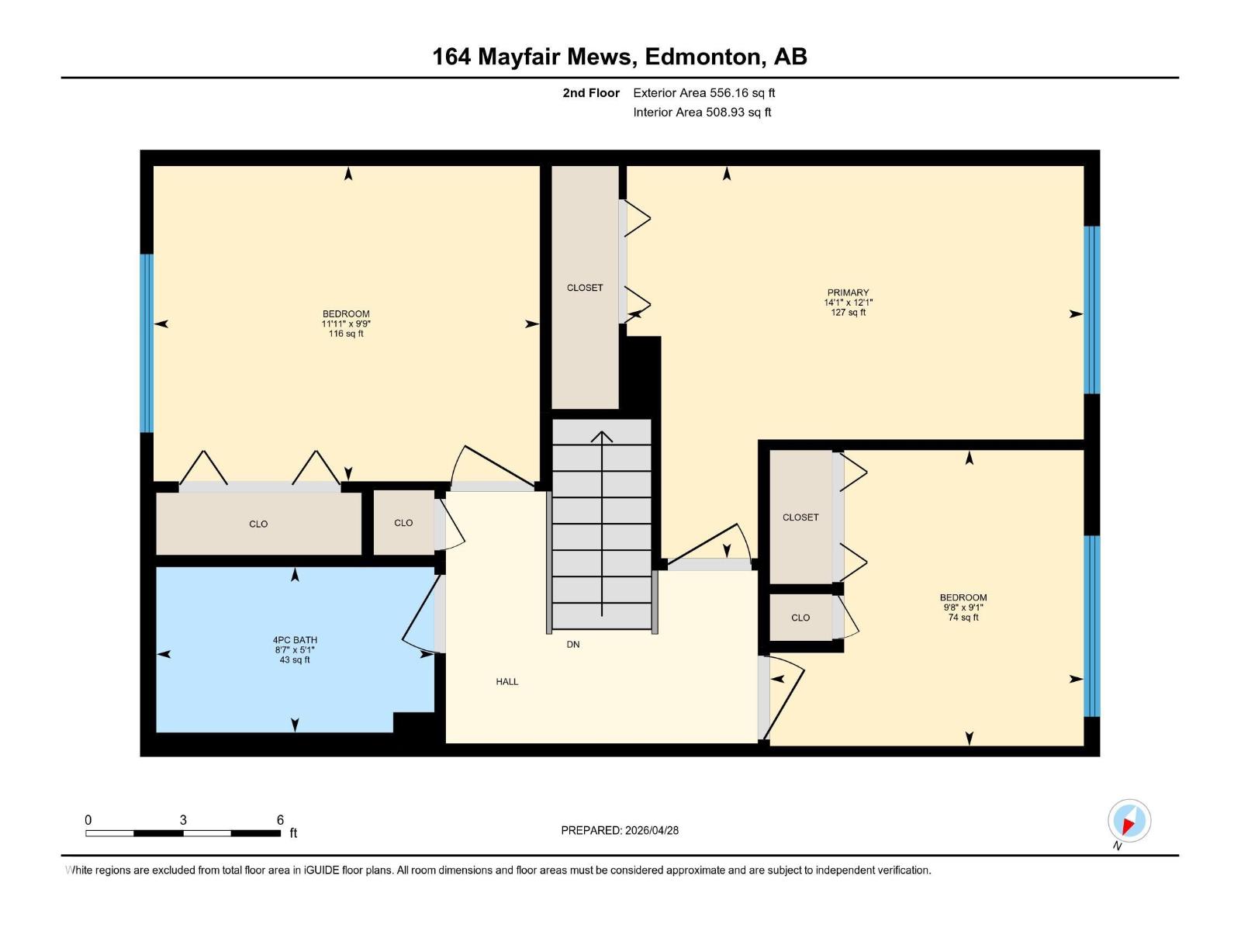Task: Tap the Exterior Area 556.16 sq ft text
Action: pos(703,93)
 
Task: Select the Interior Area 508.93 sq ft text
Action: pos(702,112)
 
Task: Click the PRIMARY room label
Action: pos(848,293)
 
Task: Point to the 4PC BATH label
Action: pos(295,641)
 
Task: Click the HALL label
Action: pos(507,682)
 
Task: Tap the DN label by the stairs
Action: pos(573,645)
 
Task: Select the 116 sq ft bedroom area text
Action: pos(346,334)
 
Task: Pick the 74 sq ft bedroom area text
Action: pos(963,618)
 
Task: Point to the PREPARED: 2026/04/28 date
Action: pos(620,830)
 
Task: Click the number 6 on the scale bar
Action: pos(280,820)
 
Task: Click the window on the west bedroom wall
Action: pos(147,343)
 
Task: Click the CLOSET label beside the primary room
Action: pos(585,288)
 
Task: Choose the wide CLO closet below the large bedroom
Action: pos(258,524)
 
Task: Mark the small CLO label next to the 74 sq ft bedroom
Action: pos(800,618)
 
